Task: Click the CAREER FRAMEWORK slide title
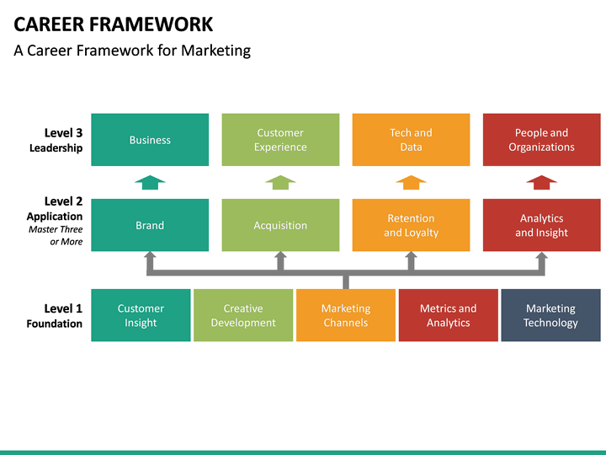[x=114, y=24]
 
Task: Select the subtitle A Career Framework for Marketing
[x=132, y=51]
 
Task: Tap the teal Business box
[x=150, y=140]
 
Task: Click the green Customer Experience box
[x=280, y=140]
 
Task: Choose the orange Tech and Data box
[x=411, y=140]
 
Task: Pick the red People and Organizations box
[x=541, y=140]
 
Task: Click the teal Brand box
[x=150, y=225]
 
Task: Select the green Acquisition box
[x=280, y=225]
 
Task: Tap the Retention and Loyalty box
[x=411, y=225]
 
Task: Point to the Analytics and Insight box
[x=541, y=225]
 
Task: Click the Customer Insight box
[x=141, y=315]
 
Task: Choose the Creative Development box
[x=243, y=315]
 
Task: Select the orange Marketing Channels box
[x=345, y=315]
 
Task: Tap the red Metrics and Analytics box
[x=448, y=315]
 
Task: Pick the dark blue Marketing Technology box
[x=550, y=315]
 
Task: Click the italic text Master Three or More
[x=56, y=235]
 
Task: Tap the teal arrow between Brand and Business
[x=150, y=182]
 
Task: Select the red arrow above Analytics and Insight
[x=541, y=182]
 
